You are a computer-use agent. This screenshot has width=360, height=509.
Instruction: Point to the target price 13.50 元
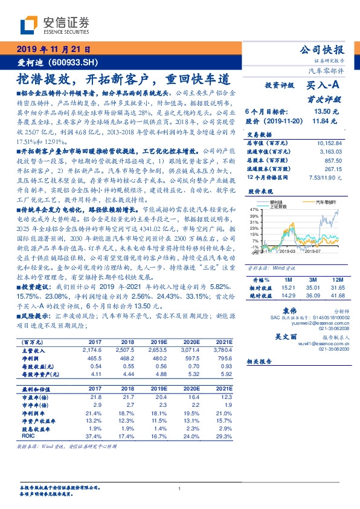325,112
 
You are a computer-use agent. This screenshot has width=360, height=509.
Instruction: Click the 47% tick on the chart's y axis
254,208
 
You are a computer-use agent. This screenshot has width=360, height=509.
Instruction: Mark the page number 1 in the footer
180,488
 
